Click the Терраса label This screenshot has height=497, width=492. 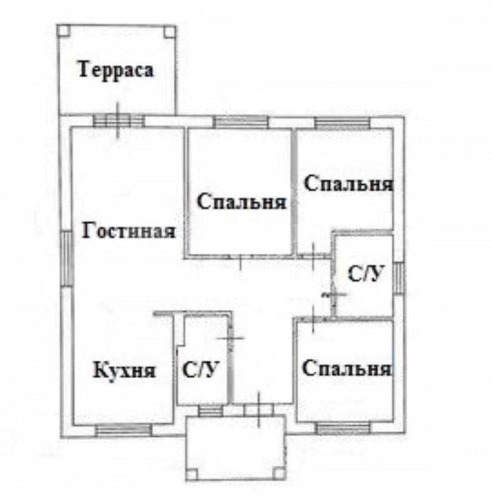[x=117, y=70]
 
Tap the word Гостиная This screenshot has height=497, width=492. [x=129, y=231]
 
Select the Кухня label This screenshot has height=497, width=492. [x=125, y=371]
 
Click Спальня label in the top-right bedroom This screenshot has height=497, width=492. [x=348, y=184]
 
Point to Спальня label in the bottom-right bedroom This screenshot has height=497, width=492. [x=346, y=368]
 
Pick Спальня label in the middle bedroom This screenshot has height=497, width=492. [x=242, y=202]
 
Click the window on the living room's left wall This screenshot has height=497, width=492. [x=67, y=260]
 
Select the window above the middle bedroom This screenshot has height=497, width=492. [x=241, y=121]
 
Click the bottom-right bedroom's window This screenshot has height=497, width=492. [x=343, y=428]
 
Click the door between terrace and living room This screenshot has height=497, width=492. [x=119, y=120]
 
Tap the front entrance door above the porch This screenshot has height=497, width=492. [x=259, y=410]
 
